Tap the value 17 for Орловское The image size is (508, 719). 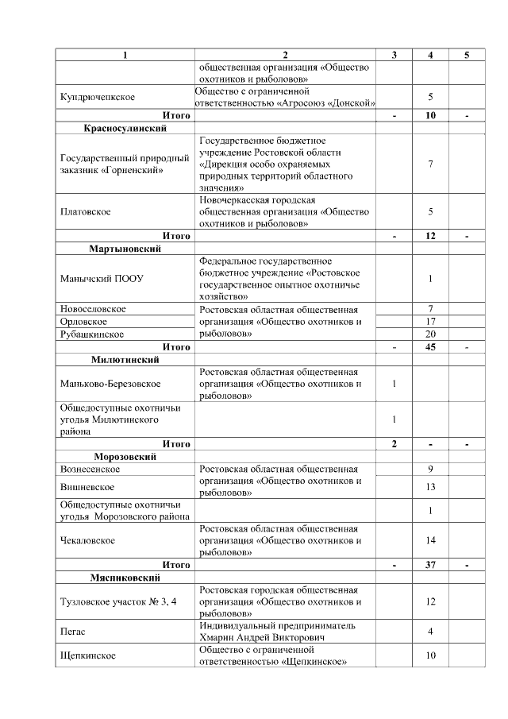[429, 322]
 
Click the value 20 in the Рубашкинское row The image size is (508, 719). [429, 334]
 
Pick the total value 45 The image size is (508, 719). [429, 347]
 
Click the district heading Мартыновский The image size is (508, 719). [125, 249]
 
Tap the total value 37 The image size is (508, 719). [429, 565]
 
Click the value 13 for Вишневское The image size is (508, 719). [429, 486]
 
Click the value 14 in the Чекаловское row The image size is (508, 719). [429, 540]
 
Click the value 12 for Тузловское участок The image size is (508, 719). [429, 601]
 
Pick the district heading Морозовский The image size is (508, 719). [125, 457]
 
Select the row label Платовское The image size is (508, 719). [85, 212]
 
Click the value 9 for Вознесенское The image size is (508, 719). [429, 469]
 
